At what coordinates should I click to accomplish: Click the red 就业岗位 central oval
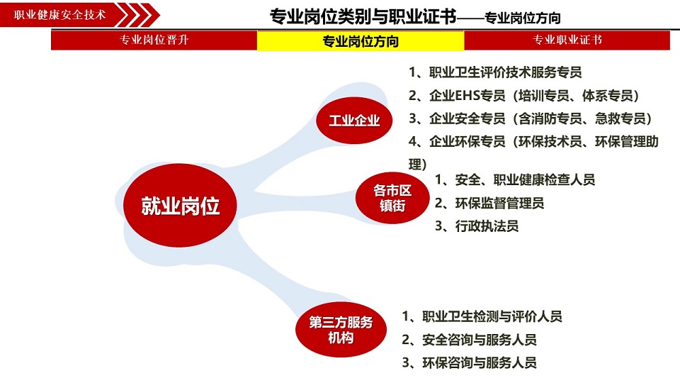180,206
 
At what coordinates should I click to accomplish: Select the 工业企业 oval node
354,121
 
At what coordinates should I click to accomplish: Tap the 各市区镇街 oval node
392,198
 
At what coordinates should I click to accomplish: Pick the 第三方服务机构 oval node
341,330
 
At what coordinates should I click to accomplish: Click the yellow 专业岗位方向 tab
361,41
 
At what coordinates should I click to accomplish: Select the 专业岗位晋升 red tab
154,40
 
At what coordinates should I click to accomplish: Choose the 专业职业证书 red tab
567,40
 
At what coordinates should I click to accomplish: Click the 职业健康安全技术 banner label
59,15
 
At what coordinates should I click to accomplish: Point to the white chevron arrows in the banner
138,15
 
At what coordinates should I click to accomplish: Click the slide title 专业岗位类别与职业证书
363,16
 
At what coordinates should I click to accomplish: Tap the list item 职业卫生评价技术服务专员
495,72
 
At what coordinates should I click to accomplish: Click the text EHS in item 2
466,96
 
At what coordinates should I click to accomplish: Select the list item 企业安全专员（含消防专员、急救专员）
530,118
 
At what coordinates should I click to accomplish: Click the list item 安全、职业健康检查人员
515,179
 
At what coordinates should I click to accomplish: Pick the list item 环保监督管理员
489,203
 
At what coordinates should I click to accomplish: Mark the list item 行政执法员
477,226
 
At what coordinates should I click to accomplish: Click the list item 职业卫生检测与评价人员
482,316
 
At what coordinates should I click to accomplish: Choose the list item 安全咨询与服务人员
469,339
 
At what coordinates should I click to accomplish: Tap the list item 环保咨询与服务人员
469,362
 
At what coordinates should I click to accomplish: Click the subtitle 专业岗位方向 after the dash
523,18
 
